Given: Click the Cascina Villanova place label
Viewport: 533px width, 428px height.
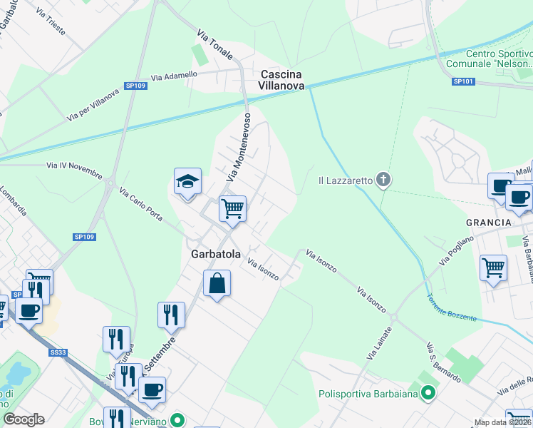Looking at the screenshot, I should pyautogui.click(x=282, y=79).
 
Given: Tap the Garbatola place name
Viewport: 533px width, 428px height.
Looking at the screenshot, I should pyautogui.click(x=214, y=253).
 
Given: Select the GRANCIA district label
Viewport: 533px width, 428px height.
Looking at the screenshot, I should pyautogui.click(x=489, y=222).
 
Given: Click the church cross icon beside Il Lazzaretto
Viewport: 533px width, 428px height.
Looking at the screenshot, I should pyautogui.click(x=383, y=180).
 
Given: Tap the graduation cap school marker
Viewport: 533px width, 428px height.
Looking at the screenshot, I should pyautogui.click(x=187, y=181).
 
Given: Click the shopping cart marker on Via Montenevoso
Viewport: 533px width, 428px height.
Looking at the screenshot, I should pyautogui.click(x=232, y=208).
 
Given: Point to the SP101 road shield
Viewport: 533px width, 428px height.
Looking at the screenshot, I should pyautogui.click(x=462, y=81).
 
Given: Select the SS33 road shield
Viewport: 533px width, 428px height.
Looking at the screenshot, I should pyautogui.click(x=58, y=352).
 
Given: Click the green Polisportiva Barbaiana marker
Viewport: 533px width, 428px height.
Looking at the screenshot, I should pyautogui.click(x=428, y=392).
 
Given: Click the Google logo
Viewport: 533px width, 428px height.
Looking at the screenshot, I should pyautogui.click(x=24, y=419).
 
